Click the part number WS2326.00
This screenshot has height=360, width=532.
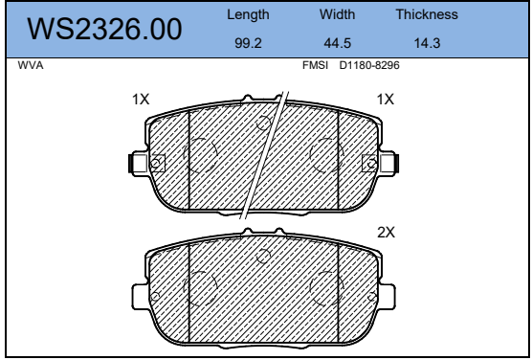(x=104, y=29)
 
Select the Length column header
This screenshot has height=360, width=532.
(x=248, y=14)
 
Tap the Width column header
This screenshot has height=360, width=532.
(x=337, y=14)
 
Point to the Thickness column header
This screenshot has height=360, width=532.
(x=427, y=14)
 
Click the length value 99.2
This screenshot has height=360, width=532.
(x=248, y=43)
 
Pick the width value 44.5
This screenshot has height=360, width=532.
(x=337, y=43)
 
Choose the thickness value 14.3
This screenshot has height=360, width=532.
(x=427, y=43)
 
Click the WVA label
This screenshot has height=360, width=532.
(x=31, y=65)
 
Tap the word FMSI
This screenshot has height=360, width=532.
(x=315, y=65)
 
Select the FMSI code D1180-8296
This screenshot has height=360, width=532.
(x=369, y=65)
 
